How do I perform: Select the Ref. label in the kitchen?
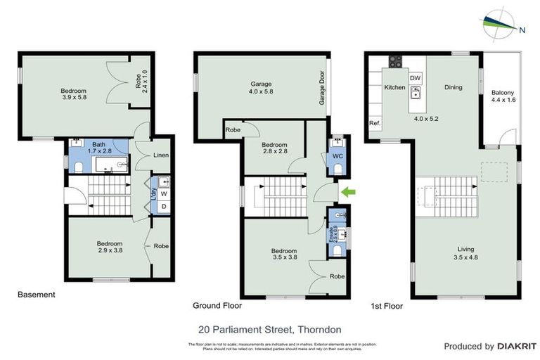(375, 124)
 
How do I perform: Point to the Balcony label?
(502, 96)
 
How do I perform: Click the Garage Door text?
(323, 89)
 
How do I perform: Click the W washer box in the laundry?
(164, 193)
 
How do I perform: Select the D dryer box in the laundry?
(164, 206)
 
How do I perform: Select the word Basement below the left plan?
(36, 295)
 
